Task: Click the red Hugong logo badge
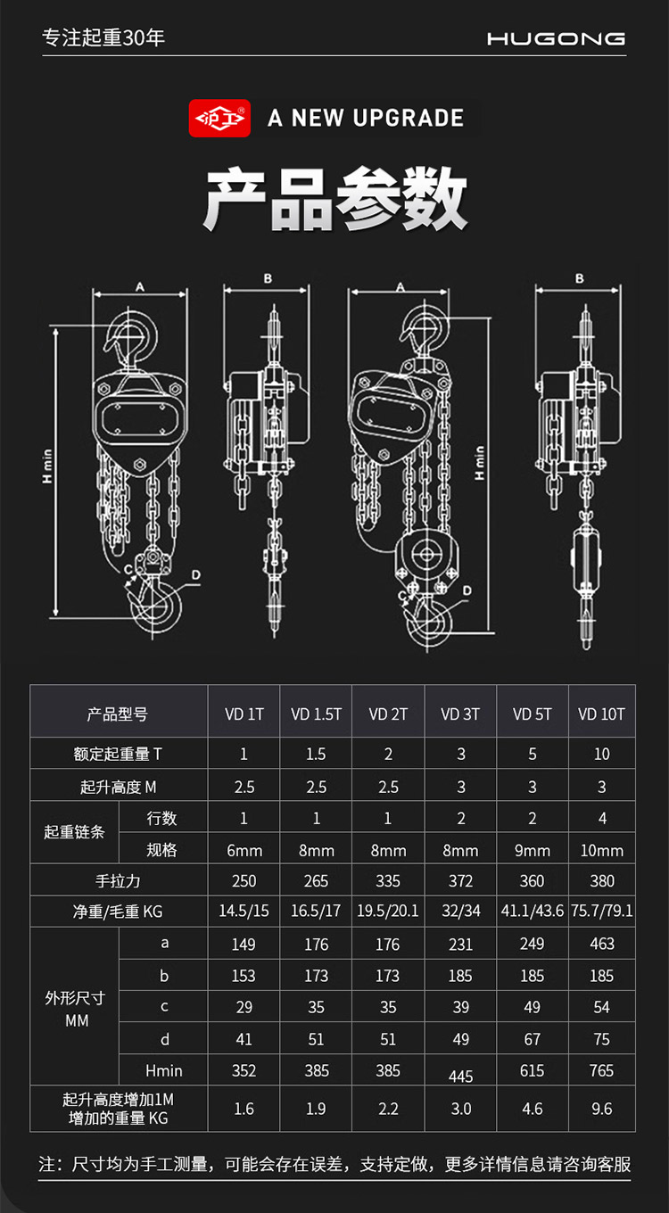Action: coord(219,118)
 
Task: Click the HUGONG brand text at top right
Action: coord(556,38)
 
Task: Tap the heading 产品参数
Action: coord(334,199)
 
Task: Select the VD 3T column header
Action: coord(460,714)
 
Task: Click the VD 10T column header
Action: coord(602,714)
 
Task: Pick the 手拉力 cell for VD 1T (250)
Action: coord(244,880)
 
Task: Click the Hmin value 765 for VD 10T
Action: coord(602,1070)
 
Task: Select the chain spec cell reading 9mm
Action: coord(532,850)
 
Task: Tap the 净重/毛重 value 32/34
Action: coord(460,912)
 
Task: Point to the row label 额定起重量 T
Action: coord(118,754)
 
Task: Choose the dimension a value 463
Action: coord(602,944)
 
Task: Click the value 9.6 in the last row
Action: coord(602,1109)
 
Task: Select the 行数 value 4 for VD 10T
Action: coord(602,818)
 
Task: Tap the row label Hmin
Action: coord(163,1070)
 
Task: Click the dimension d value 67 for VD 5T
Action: coord(532,1039)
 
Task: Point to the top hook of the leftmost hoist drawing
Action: coord(134,334)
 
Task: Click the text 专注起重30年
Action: coord(104,38)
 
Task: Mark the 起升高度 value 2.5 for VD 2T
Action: coord(388,787)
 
